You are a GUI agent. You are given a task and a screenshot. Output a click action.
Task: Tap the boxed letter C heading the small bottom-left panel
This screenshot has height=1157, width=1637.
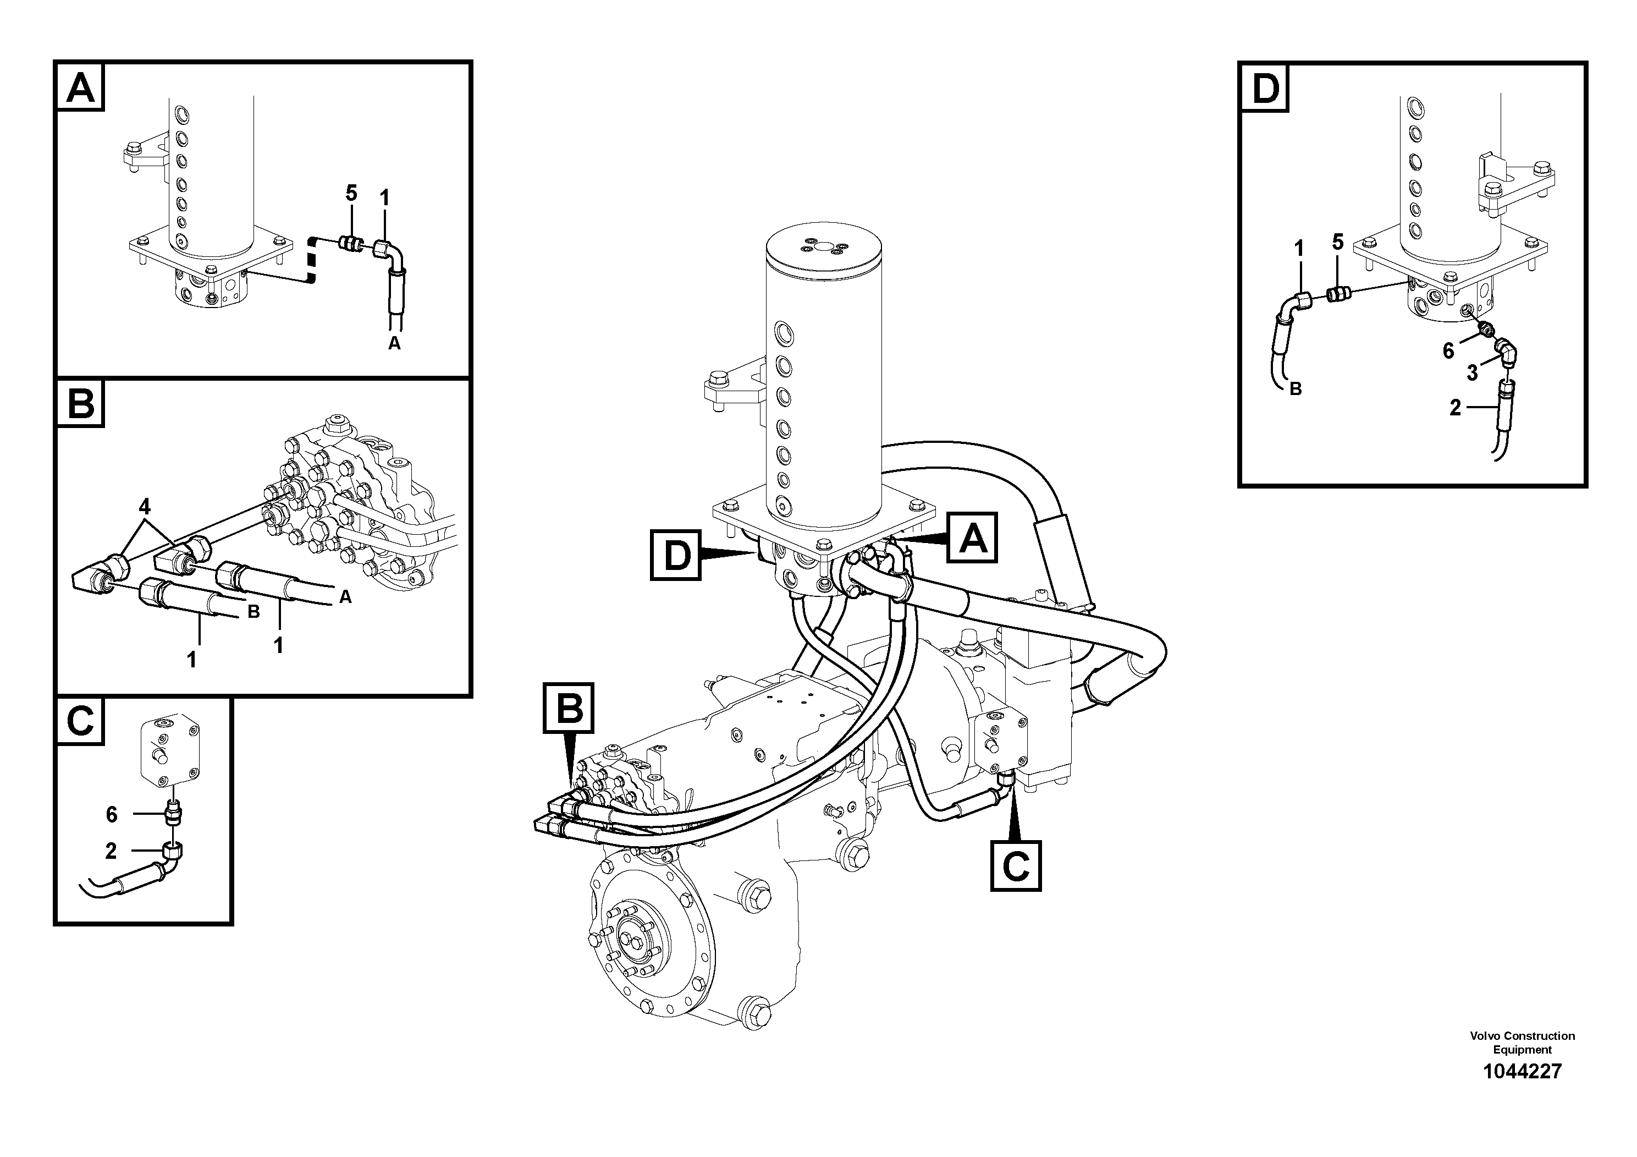click(x=80, y=721)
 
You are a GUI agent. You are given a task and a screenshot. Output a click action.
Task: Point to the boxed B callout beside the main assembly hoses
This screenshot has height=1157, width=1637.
click(x=568, y=708)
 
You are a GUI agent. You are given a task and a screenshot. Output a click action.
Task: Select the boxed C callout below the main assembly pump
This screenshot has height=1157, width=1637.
click(x=1015, y=866)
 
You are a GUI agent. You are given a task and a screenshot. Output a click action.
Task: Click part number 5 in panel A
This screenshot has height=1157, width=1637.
click(x=351, y=193)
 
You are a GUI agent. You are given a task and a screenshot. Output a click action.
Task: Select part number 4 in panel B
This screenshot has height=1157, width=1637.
click(x=145, y=507)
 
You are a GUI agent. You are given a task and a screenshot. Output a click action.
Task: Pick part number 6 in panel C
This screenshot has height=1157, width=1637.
click(x=111, y=814)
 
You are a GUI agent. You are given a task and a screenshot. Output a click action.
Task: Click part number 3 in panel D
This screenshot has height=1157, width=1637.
click(x=1472, y=373)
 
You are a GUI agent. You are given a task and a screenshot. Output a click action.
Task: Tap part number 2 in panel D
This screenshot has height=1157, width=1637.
click(x=1455, y=408)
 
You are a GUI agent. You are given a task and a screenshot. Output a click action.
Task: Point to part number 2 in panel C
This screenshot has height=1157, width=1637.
click(x=111, y=851)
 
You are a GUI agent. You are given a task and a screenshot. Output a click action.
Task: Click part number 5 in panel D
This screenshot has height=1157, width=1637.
click(x=1337, y=242)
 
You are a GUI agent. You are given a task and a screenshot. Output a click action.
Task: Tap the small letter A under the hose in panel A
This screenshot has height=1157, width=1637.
click(x=394, y=344)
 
